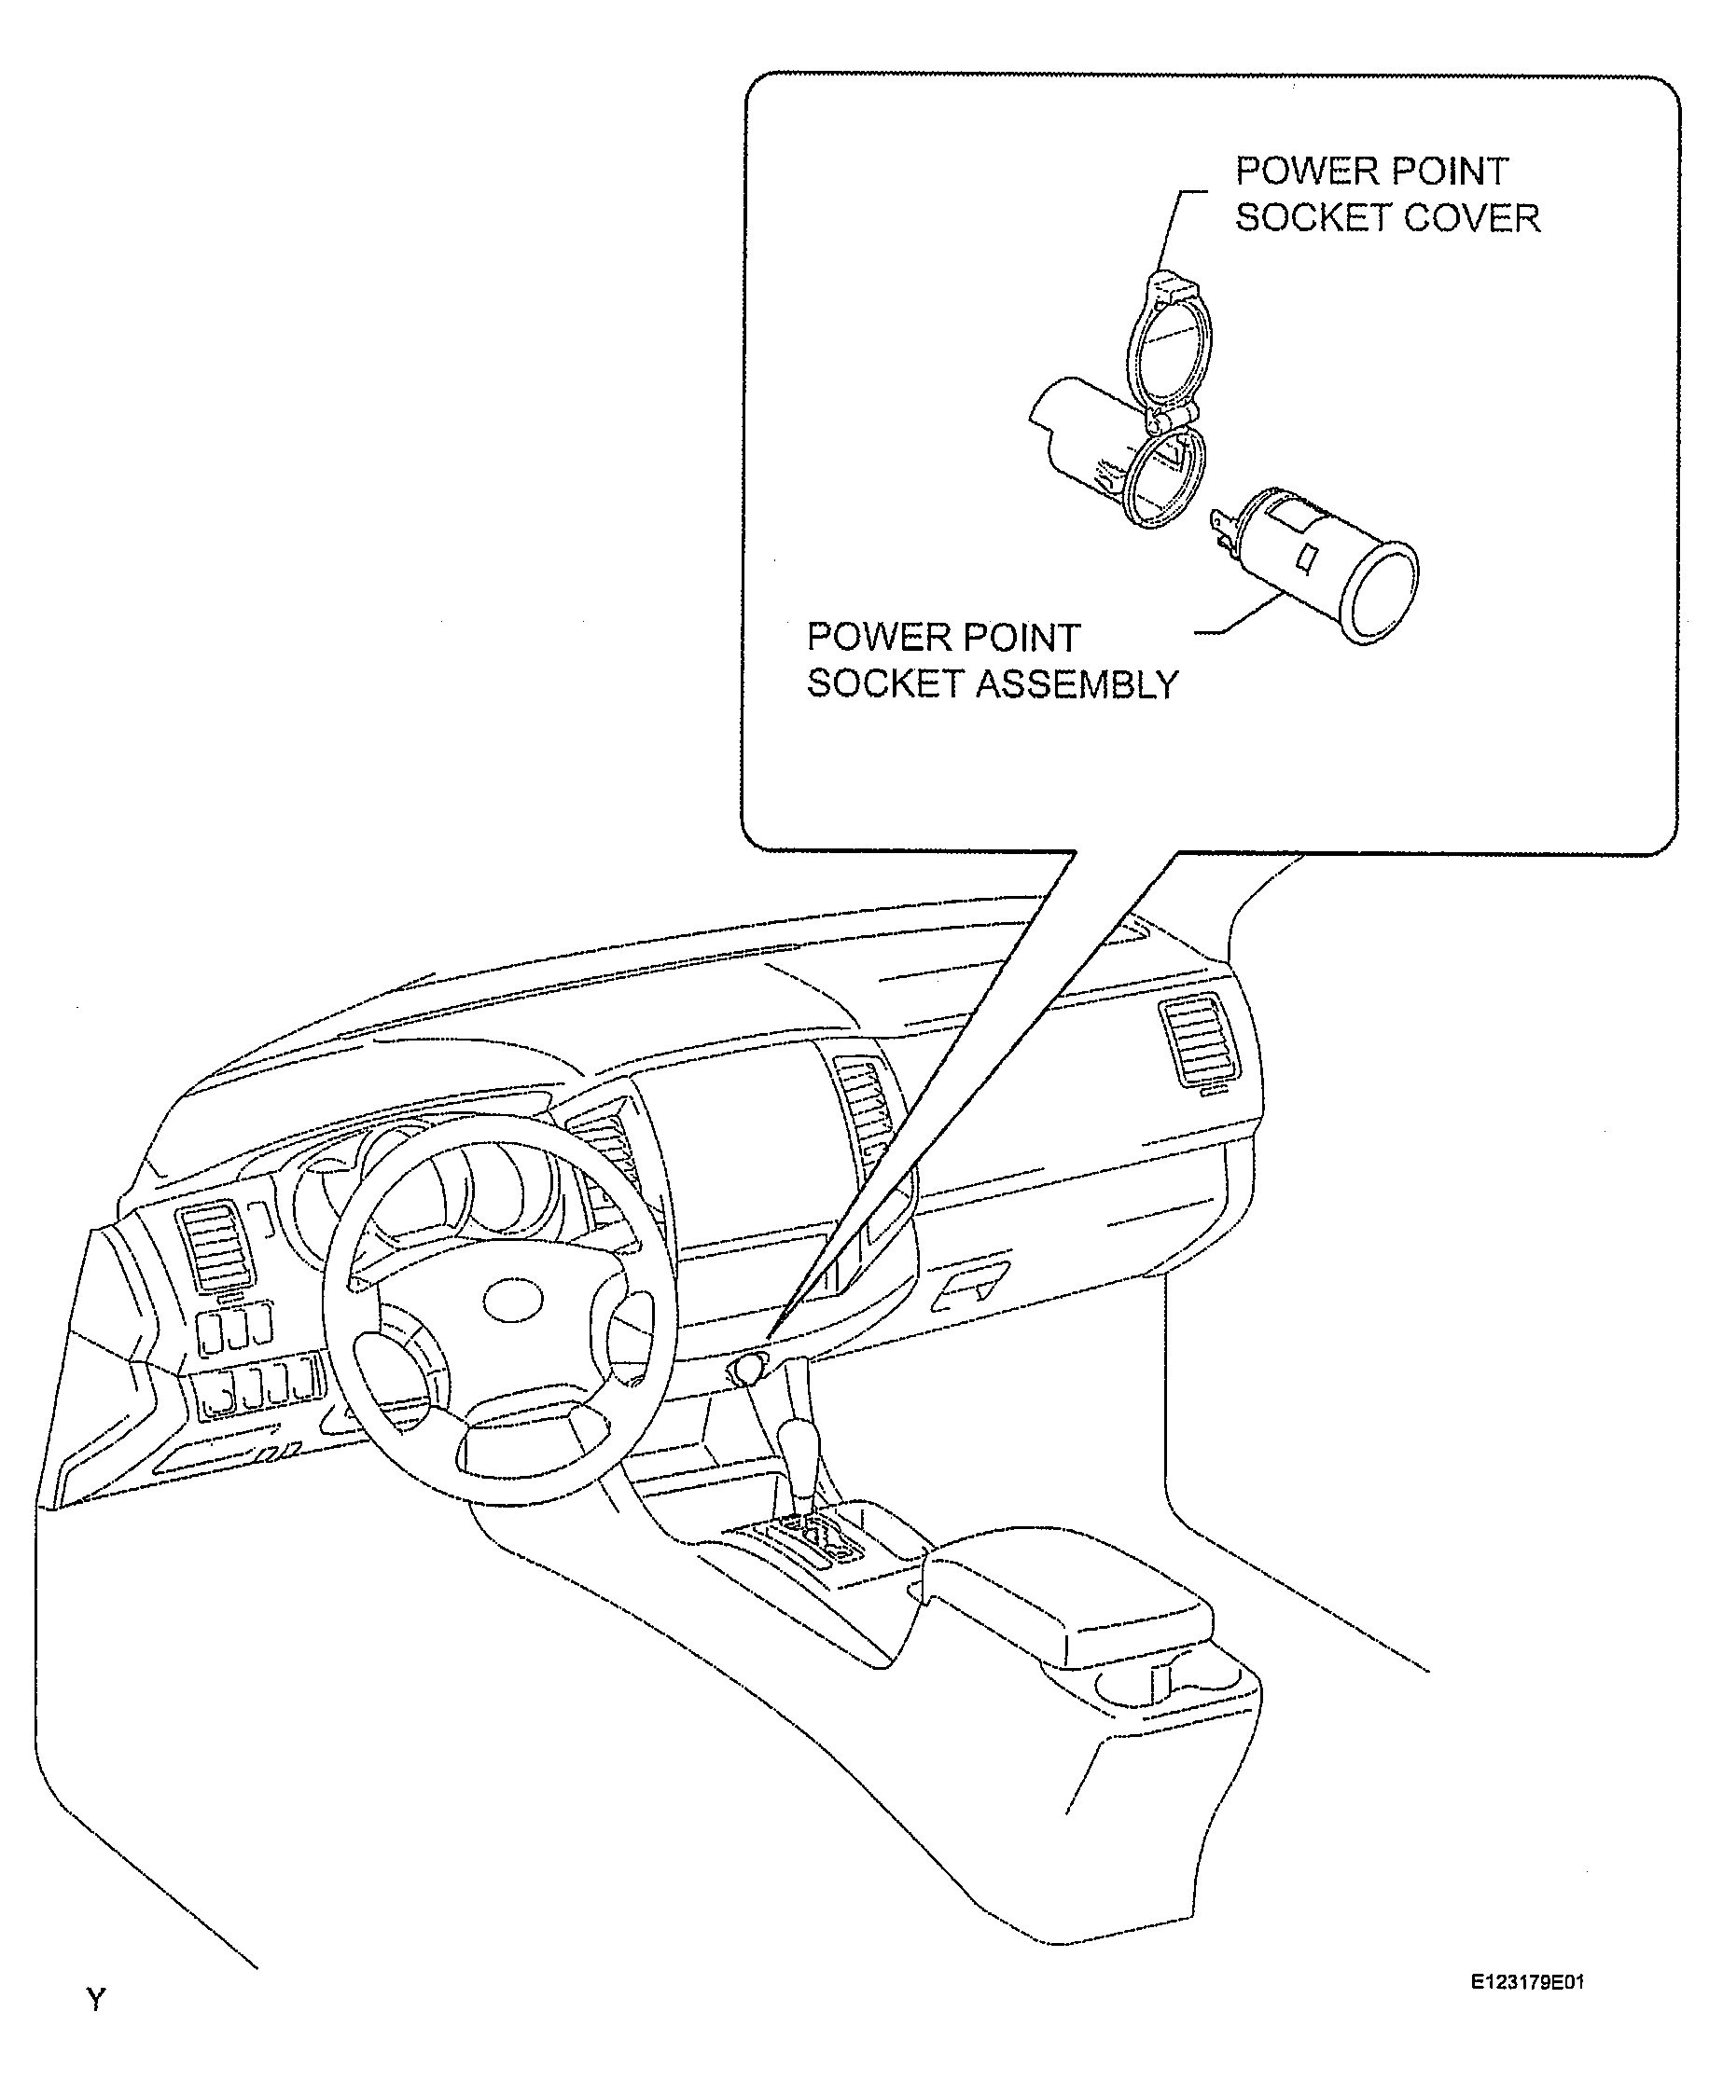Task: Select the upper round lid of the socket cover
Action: (x=1171, y=347)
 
